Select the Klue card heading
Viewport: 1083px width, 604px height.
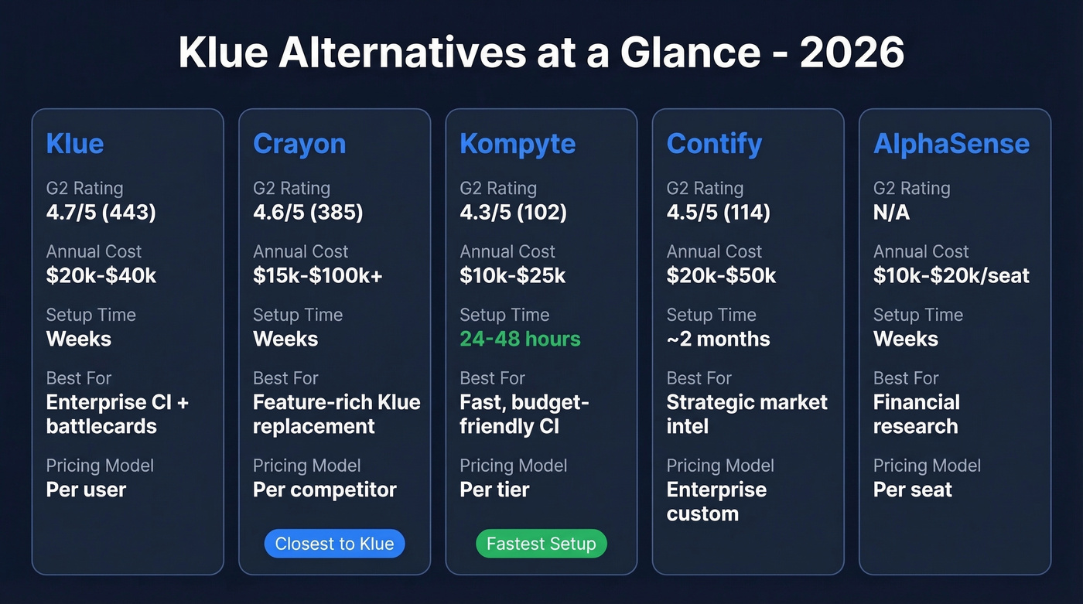click(75, 144)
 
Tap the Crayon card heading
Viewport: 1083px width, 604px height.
click(299, 144)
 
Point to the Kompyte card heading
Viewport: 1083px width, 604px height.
click(518, 144)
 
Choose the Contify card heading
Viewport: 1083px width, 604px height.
click(714, 144)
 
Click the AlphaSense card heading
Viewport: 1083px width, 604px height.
click(951, 144)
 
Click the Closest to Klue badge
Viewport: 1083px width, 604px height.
click(334, 544)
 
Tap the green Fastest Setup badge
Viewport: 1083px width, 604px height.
click(541, 544)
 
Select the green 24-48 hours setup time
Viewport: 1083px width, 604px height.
click(520, 339)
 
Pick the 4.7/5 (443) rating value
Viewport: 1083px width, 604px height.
click(101, 212)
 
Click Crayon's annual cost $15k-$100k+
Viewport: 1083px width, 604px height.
click(318, 275)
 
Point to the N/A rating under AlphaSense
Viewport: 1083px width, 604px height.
click(891, 212)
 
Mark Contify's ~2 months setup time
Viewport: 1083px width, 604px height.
click(718, 339)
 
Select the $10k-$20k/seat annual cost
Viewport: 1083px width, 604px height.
click(951, 275)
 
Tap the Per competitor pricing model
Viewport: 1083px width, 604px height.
click(325, 490)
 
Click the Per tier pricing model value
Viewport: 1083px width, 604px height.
click(494, 490)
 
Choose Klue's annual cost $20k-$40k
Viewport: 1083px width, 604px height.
click(101, 275)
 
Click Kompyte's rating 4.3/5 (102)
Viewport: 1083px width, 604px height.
click(513, 212)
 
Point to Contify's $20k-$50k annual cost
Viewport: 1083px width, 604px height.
click(721, 275)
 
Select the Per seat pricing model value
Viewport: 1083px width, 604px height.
click(913, 490)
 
